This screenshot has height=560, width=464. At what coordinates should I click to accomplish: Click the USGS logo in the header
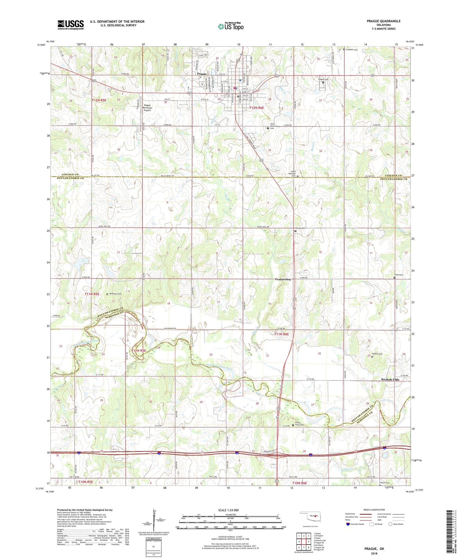71,25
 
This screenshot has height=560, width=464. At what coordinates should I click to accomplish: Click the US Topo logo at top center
231,26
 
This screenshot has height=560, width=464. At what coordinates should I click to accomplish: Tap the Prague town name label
202,74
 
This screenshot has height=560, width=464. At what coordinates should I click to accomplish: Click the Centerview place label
283,279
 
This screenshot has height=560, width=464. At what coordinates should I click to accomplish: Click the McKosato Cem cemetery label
116,294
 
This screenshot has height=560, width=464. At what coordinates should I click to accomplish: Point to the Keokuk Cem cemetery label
378,354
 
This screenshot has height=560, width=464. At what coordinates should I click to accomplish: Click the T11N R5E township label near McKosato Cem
92,294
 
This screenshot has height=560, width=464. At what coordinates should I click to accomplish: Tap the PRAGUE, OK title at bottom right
374,549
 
